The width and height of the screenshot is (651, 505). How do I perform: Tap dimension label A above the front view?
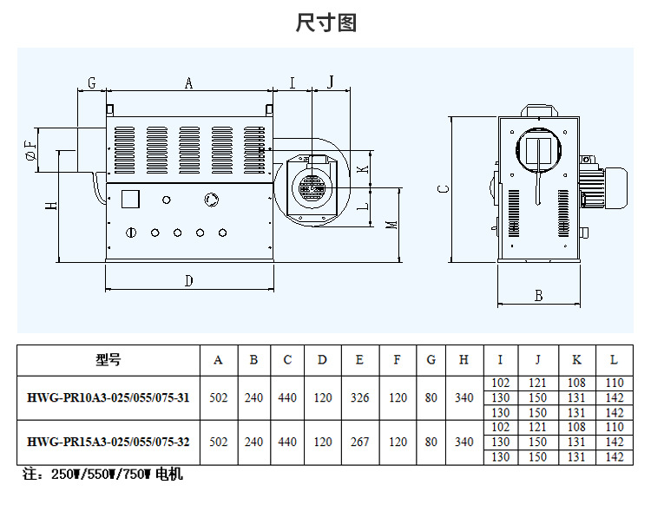[x=188, y=83]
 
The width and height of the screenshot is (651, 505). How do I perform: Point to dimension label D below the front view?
[x=188, y=280]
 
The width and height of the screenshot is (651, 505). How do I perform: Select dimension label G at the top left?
[x=91, y=83]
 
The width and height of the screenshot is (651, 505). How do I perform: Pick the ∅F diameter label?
[x=31, y=150]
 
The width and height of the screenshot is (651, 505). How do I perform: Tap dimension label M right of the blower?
[x=392, y=224]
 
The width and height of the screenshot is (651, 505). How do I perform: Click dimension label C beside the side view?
[x=442, y=188]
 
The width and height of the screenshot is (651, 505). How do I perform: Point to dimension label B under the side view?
[x=538, y=296]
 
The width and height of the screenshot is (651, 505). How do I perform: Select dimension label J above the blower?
[x=331, y=82]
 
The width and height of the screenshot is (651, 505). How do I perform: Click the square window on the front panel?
[x=131, y=199]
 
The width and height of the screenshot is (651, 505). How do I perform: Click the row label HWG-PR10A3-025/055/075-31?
[x=108, y=397]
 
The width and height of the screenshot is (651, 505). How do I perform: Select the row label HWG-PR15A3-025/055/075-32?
[x=108, y=442]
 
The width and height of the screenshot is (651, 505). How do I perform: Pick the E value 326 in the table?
[x=359, y=397]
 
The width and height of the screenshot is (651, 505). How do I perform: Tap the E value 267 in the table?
[x=359, y=442]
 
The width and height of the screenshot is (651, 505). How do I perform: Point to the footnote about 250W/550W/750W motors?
[x=102, y=475]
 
